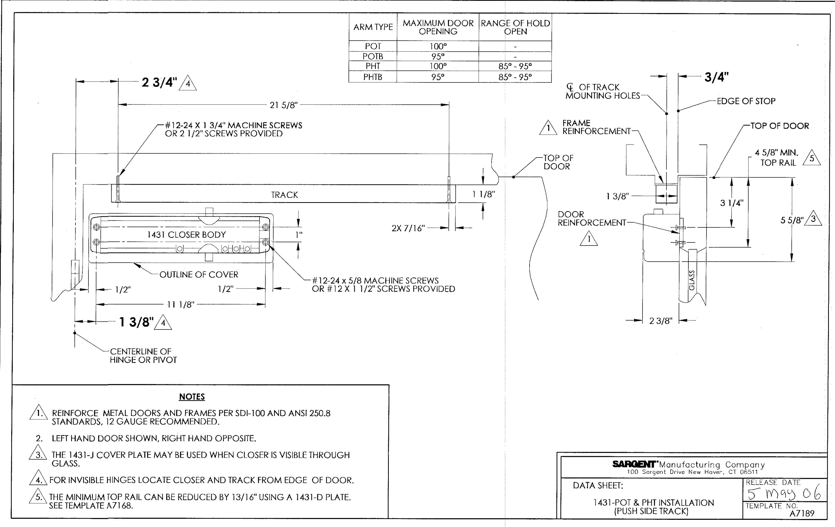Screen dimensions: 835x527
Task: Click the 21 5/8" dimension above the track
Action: pyautogui.click(x=284, y=105)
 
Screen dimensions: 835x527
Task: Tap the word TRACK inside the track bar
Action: pyautogui.click(x=284, y=195)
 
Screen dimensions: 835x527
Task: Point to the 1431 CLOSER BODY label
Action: pyautogui.click(x=186, y=235)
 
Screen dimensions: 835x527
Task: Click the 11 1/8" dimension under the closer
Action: pyautogui.click(x=181, y=305)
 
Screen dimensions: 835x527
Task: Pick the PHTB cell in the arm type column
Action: pyautogui.click(x=373, y=77)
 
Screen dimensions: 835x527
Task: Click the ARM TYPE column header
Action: pyautogui.click(x=373, y=27)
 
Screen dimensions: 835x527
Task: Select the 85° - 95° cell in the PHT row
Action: pyautogui.click(x=515, y=66)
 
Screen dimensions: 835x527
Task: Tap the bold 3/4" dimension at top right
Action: pyautogui.click(x=716, y=77)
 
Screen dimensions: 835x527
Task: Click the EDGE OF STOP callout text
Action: pyautogui.click(x=746, y=101)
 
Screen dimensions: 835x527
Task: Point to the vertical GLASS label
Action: pyautogui.click(x=692, y=280)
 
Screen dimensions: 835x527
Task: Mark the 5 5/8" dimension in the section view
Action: pyautogui.click(x=792, y=220)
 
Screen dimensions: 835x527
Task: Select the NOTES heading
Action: pyautogui.click(x=192, y=397)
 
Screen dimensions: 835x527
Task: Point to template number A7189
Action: pyautogui.click(x=802, y=513)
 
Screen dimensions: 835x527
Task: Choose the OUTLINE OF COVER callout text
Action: pyautogui.click(x=199, y=275)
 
